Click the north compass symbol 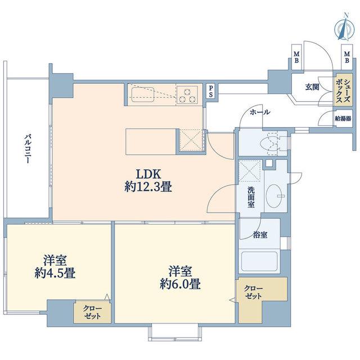pos(345,28)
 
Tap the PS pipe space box pos(211,91)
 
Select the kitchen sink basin pos(142,94)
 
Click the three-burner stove pos(187,95)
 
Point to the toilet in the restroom pos(271,143)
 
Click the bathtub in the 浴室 pos(259,262)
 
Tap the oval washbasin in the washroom pos(274,196)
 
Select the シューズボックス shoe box pos(343,90)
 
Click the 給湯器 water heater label pos(343,119)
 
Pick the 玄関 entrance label pos(312,87)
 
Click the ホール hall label pos(260,112)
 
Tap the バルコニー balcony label pos(28,148)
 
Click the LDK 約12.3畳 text pos(148,181)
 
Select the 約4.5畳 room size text pos(55,273)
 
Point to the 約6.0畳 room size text pos(180,284)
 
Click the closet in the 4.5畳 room pos(92,312)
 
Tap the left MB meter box pos(296,57)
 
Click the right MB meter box pos(347,57)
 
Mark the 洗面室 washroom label pos(251,197)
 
